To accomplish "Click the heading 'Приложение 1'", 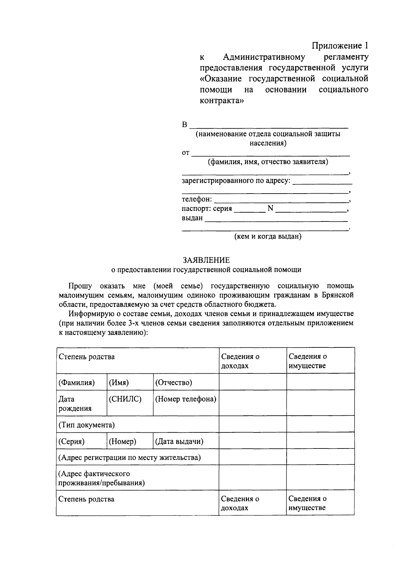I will click(340, 45).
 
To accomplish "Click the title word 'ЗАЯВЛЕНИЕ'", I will click(206, 260).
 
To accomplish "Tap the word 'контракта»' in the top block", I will click(222, 100).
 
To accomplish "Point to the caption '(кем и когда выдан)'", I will click(268, 236).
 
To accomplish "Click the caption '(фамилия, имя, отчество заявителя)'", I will click(268, 162).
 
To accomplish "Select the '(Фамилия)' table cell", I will click(77, 383).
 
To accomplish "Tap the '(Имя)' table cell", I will click(119, 383).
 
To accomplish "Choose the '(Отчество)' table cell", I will click(174, 383).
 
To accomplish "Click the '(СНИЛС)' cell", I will click(125, 399).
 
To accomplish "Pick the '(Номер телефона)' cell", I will click(186, 399).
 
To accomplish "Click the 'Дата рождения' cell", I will click(70, 404).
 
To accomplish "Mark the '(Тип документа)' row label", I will click(86, 425).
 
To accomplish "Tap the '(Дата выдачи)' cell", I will click(179, 442).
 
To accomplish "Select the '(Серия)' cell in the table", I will click(71, 442).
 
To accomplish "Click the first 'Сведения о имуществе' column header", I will click(307, 361).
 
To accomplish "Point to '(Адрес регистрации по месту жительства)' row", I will click(129, 458).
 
